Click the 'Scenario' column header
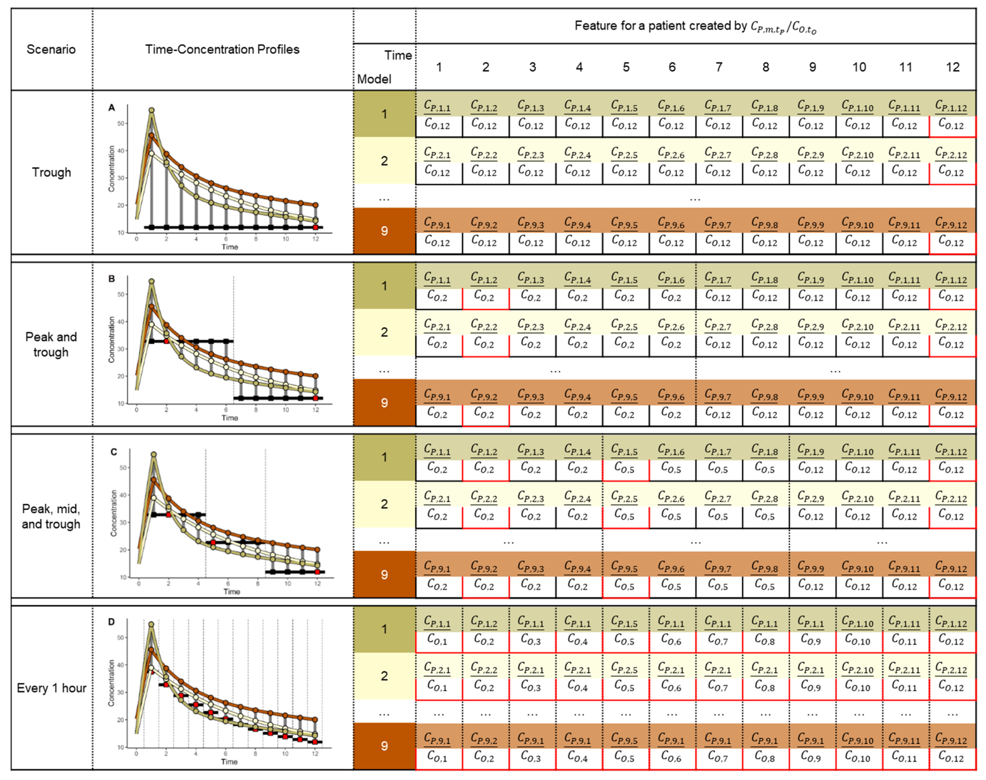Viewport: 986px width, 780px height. click(x=51, y=49)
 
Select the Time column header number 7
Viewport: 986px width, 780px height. click(x=719, y=67)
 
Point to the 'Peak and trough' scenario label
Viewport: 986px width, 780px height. click(x=51, y=344)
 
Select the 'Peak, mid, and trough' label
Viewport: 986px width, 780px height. click(x=51, y=516)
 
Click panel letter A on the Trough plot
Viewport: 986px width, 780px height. click(x=111, y=108)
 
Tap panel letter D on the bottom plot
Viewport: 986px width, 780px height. click(x=111, y=622)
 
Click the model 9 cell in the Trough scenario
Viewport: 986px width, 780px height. click(x=384, y=231)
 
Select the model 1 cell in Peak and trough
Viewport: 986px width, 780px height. click(x=384, y=286)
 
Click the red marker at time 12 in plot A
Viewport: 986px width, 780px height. click(x=316, y=227)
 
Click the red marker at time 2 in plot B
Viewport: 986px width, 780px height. click(x=167, y=341)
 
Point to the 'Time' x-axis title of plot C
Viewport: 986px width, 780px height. click(x=232, y=591)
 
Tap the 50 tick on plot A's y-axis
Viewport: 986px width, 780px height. click(x=121, y=123)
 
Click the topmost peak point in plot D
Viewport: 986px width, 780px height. click(x=151, y=624)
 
